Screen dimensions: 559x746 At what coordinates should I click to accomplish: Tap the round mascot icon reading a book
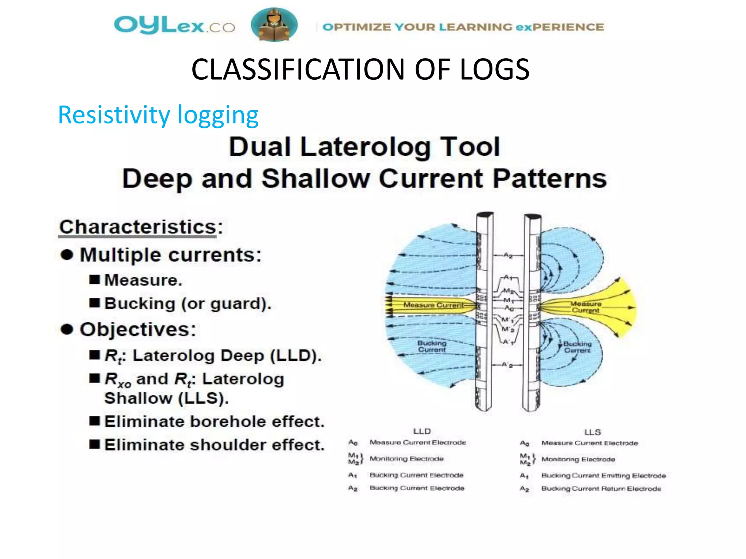pos(274,25)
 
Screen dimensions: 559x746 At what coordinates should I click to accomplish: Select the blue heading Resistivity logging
pos(158,115)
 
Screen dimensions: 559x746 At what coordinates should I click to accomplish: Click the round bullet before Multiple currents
pos(67,255)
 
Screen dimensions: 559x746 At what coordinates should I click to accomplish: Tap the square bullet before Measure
pos(95,280)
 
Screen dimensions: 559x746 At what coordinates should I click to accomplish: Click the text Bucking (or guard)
pos(188,304)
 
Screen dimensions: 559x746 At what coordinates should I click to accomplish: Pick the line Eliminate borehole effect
pos(214,421)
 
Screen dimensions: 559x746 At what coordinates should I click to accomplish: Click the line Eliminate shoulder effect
pos(214,445)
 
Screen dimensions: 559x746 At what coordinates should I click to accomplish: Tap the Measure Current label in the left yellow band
pos(433,305)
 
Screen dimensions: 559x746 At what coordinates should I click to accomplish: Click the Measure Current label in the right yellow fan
pos(586,307)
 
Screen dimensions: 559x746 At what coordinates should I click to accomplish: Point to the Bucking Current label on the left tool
pos(432,346)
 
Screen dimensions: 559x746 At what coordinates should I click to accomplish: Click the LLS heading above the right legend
pos(593,432)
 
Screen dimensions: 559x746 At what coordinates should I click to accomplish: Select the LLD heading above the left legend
pos(422,431)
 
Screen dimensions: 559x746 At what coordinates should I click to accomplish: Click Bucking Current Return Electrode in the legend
pos(601,488)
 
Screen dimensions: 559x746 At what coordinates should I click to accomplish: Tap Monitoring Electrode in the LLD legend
pos(407,459)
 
